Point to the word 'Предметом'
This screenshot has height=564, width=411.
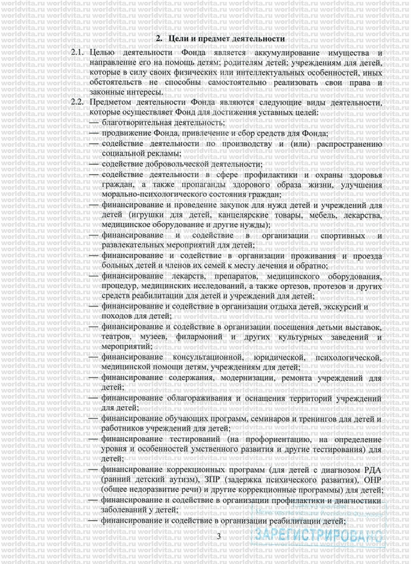111,102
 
